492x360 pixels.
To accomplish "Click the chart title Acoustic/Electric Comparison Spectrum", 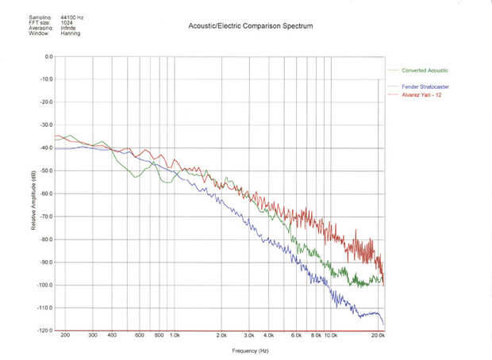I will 250,26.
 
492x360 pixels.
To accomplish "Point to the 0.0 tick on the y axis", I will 48,57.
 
